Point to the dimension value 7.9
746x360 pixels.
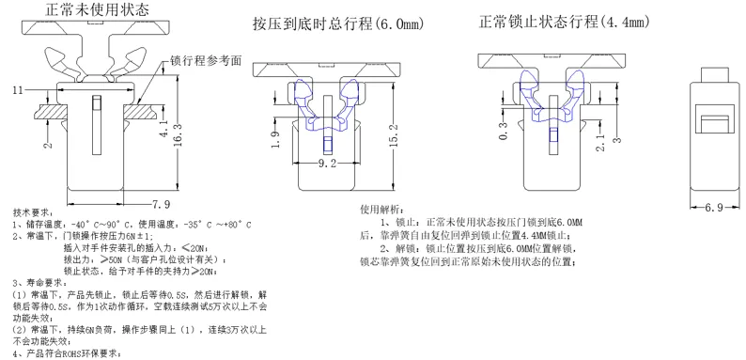click(161, 204)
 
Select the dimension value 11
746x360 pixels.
click(18, 90)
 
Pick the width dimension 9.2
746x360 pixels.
click(327, 164)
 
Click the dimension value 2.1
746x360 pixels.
click(600, 142)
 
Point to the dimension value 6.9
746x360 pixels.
click(714, 208)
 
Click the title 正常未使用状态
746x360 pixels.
click(97, 9)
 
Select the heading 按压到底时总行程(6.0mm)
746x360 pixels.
click(338, 23)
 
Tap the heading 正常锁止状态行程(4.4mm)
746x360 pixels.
click(564, 22)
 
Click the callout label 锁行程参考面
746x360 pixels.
click(206, 61)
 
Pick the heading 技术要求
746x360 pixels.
click(33, 212)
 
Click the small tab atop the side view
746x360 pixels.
click(715, 75)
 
